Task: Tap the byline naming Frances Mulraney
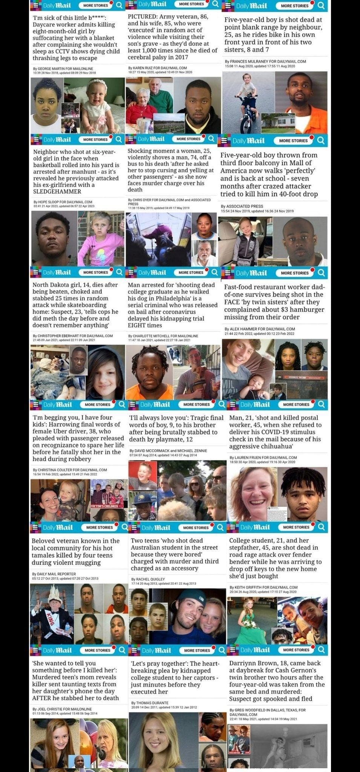coord(265,61)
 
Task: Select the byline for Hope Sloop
coord(63,202)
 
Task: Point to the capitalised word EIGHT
coord(139,325)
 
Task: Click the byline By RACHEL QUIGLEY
coord(148,579)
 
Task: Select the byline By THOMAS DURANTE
coord(150,703)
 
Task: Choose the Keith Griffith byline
coord(263,587)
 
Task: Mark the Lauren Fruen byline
coord(263,458)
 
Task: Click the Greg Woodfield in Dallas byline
coord(267,710)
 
